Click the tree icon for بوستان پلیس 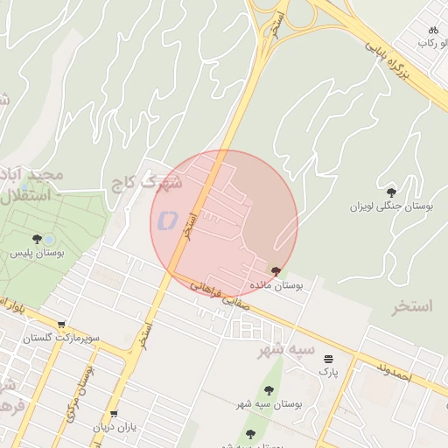pos(37,239)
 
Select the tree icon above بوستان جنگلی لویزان pos(391,192)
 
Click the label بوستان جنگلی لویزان pos(392,206)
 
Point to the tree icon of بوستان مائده pos(276,271)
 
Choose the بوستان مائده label pos(276,285)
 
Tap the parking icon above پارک pos(328,359)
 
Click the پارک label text pos(327,372)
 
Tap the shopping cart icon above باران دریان pos(113,414)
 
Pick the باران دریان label pos(116,428)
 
